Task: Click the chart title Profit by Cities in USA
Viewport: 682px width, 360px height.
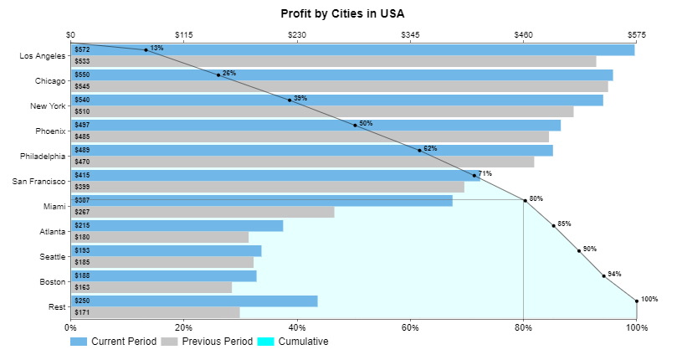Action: click(341, 14)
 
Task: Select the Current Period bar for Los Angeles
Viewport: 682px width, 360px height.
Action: click(351, 50)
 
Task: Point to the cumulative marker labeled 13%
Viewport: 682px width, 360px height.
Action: click(146, 50)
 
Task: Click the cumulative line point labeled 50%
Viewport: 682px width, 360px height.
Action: click(356, 126)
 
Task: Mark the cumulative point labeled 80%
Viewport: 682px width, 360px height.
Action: click(525, 200)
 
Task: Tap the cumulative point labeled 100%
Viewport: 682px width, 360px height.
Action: click(637, 301)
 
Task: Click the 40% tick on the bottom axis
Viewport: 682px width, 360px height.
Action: click(297, 327)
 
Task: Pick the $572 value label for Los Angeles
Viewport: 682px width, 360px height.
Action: click(82, 50)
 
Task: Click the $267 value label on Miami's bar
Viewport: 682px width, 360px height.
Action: click(82, 212)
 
